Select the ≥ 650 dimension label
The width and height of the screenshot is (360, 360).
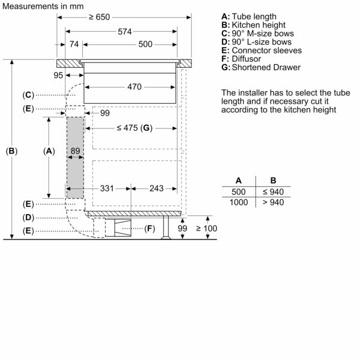tap(99, 17)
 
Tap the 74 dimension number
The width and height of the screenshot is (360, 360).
tap(74, 44)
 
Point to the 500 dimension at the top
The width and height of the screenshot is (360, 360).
tap(145, 44)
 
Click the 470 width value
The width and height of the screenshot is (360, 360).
tap(134, 87)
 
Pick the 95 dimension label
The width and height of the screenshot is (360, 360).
tap(58, 75)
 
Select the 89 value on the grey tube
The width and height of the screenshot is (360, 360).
tap(75, 151)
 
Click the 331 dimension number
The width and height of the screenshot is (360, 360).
tap(107, 188)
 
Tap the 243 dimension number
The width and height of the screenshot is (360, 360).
tap(155, 188)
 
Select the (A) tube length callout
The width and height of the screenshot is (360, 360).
tap(49, 151)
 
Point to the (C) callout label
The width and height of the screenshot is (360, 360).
tap(28, 95)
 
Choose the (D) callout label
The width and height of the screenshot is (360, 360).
tap(28, 217)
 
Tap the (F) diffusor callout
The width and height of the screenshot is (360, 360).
tap(149, 228)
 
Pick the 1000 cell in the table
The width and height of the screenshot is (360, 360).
tap(239, 202)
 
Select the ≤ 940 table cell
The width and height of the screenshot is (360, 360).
tap(273, 191)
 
